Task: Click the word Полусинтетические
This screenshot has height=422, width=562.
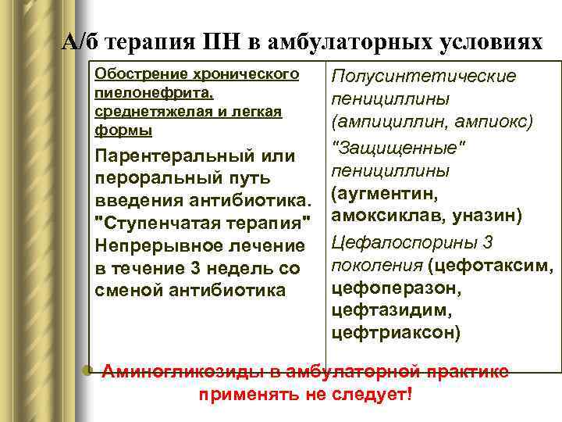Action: pyautogui.click(x=424, y=77)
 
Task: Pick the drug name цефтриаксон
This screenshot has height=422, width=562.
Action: pyautogui.click(x=396, y=333)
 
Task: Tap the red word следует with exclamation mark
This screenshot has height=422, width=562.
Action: pyautogui.click(x=370, y=393)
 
